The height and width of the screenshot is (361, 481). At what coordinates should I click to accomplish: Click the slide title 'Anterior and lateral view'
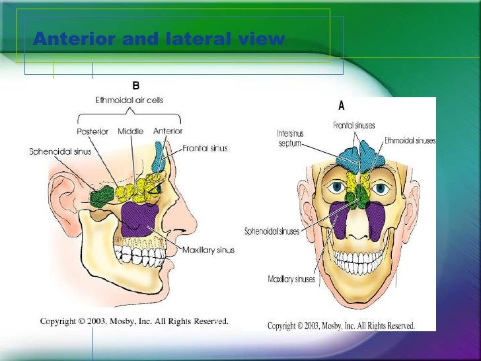coord(159,40)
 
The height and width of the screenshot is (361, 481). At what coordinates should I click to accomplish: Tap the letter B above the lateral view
coord(135,86)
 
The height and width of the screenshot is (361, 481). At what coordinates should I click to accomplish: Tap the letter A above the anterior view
coord(342,105)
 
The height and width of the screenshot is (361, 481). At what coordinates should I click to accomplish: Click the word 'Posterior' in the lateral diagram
coord(92,132)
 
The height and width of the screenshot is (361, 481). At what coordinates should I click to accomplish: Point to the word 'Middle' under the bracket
coord(130,132)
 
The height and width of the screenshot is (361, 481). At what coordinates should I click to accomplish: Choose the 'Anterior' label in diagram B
coord(167,132)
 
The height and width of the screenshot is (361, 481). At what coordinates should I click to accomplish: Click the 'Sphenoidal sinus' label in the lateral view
coord(60,151)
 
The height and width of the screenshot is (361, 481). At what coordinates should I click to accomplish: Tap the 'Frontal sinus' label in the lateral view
coord(205,148)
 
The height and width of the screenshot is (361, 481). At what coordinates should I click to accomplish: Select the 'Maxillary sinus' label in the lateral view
coord(209,251)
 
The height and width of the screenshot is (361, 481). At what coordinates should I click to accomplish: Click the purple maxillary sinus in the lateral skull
coord(139,218)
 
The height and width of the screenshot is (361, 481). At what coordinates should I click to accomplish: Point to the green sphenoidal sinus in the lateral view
coord(102,196)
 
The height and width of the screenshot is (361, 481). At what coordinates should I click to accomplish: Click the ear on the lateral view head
coord(66,192)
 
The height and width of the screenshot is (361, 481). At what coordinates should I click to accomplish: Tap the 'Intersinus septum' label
coord(289,138)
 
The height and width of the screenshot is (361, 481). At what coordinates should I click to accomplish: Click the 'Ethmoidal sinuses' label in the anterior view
coord(410,141)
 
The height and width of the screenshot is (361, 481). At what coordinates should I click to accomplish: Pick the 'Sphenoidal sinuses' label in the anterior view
coord(272,231)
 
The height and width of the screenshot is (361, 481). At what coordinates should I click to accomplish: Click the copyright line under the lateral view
coord(134,321)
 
